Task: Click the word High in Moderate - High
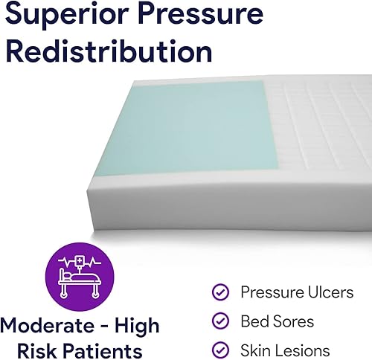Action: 138,326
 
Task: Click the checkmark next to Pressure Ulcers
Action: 220,292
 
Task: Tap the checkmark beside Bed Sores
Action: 220,321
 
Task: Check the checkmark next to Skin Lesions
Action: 220,350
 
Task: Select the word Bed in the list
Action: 254,321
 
